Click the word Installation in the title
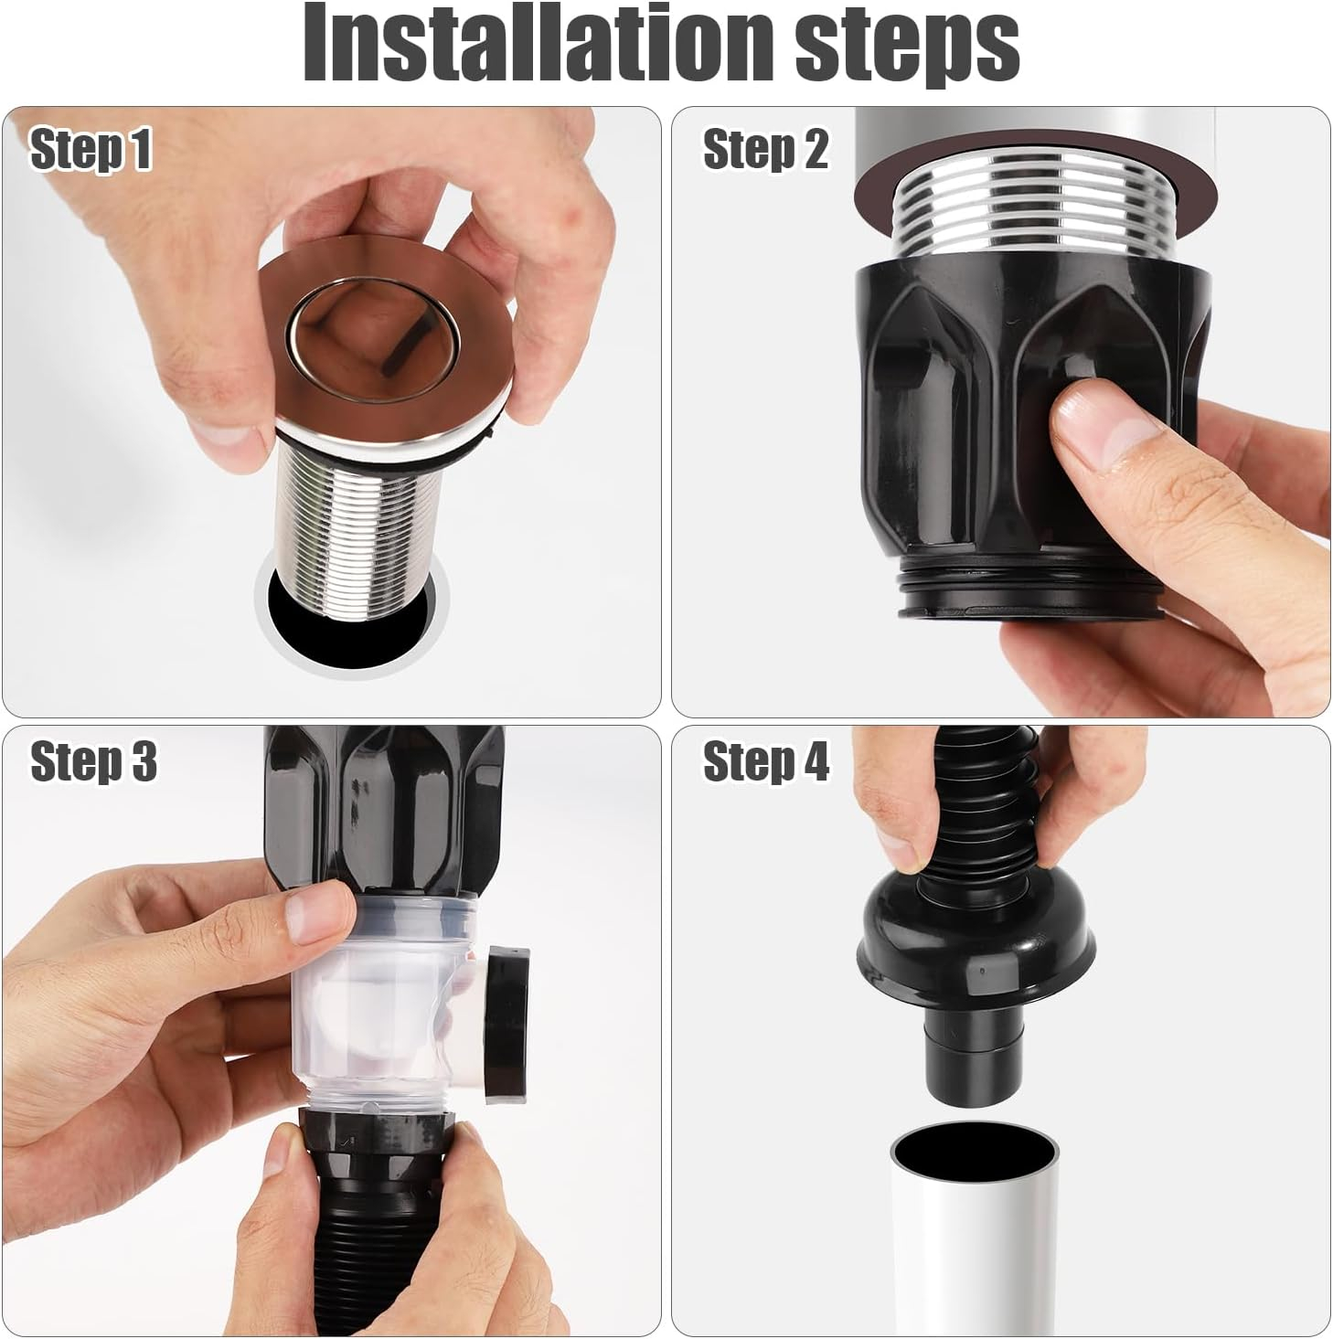click(539, 43)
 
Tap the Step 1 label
click(91, 149)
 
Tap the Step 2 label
click(765, 149)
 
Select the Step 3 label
click(93, 760)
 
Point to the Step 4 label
click(765, 760)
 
